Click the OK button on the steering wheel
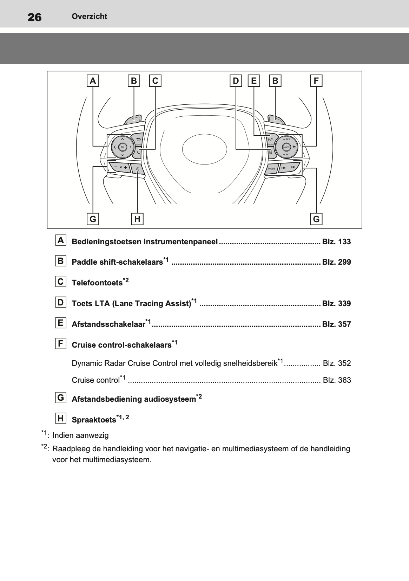click(122, 147)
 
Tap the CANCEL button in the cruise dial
click(286, 147)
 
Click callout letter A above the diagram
click(93, 81)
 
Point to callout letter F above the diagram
click(316, 81)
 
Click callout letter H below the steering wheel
click(137, 219)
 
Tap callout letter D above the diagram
click(236, 81)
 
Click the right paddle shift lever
click(276, 120)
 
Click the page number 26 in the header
click(34, 17)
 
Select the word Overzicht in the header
click(89, 17)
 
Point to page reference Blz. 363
click(337, 380)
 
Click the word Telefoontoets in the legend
click(97, 283)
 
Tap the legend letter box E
click(61, 323)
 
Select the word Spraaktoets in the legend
click(94, 420)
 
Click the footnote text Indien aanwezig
click(80, 435)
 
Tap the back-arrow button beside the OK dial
click(138, 139)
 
